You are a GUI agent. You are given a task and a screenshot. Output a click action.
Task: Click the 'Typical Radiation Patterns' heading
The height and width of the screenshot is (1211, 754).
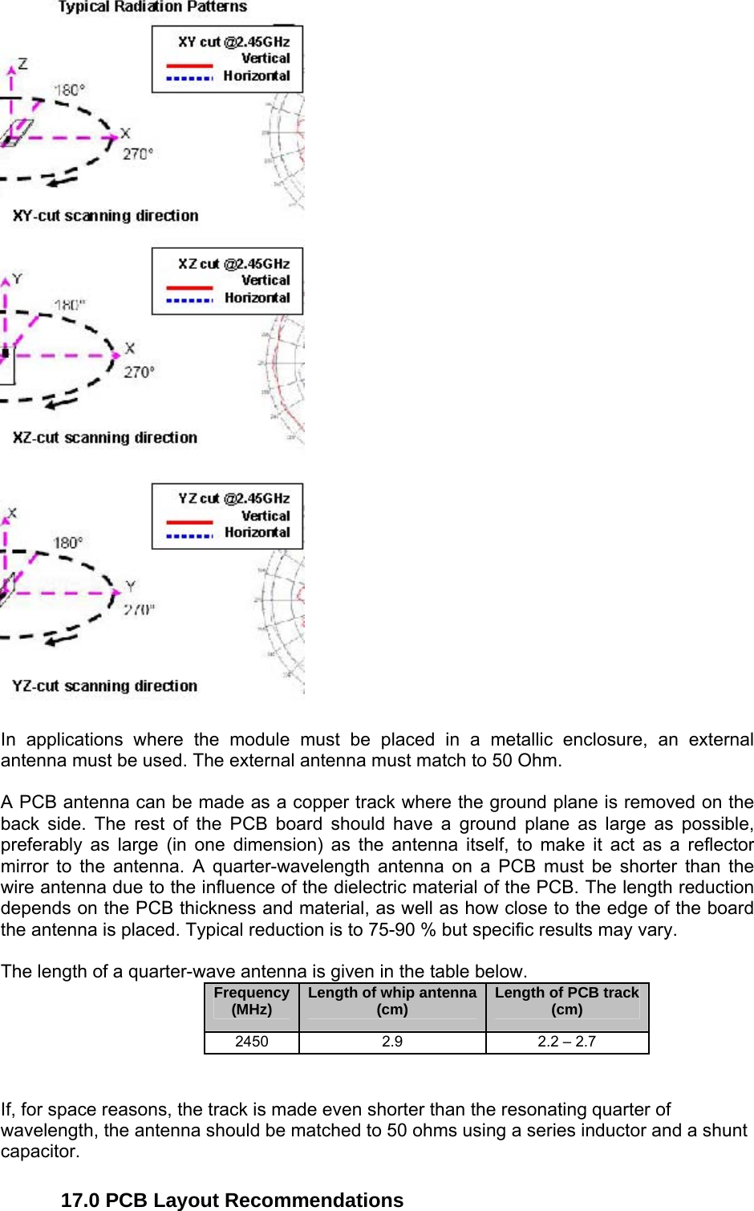point(152,7)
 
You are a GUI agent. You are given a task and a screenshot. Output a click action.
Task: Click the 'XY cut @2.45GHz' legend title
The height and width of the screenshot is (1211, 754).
point(233,42)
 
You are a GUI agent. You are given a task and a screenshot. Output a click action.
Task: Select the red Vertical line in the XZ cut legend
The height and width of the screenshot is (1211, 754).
point(189,286)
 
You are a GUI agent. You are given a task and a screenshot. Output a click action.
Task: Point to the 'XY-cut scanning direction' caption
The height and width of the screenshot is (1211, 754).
point(105,216)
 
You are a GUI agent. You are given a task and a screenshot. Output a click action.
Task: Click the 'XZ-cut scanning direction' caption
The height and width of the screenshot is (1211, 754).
point(104,437)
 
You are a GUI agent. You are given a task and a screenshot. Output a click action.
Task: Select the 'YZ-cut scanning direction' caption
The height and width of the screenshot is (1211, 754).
point(104,686)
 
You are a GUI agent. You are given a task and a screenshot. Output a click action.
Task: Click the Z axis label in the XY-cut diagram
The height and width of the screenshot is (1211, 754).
point(22,63)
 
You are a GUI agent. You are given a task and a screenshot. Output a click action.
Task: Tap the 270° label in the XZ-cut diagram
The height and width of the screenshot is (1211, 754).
point(139,372)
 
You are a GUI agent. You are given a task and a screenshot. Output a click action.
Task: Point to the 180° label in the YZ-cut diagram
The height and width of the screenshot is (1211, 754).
point(68,543)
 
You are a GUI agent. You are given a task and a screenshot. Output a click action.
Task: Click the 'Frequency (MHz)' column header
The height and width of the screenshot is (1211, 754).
point(252,1002)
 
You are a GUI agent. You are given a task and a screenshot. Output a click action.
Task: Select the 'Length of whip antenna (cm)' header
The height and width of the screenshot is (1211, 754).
point(392,1002)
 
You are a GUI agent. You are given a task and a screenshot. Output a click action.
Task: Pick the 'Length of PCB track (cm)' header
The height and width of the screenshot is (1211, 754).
point(567,1002)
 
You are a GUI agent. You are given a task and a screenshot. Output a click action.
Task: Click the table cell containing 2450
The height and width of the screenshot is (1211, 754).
point(252,1042)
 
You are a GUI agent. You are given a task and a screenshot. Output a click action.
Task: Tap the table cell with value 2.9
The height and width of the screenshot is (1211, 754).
point(392,1042)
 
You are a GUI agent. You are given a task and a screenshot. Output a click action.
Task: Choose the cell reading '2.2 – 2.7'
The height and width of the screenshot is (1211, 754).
point(567,1042)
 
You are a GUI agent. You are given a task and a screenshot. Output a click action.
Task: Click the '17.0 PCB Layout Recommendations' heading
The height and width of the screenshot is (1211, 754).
point(232,1200)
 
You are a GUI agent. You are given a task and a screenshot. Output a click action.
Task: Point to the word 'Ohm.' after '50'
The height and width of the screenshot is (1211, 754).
point(540,760)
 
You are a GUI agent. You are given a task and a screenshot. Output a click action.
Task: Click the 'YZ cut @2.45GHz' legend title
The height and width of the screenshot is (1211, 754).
point(233,498)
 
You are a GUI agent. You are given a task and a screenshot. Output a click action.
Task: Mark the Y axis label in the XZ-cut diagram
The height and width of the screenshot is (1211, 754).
point(17,278)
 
